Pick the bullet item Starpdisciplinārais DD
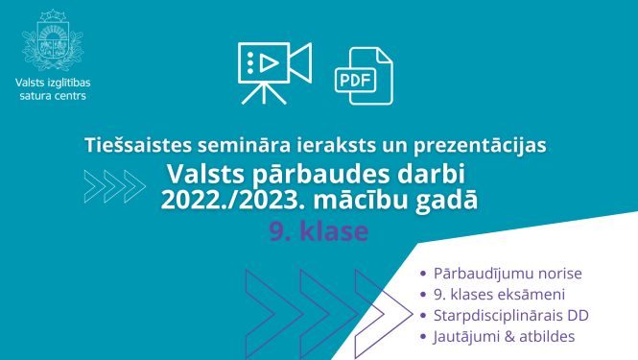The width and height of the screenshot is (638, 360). (510, 315)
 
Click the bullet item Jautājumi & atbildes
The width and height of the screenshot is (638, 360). (504, 336)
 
